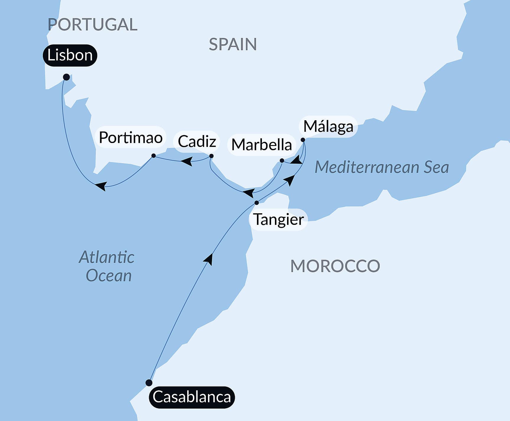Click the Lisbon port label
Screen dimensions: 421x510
tap(70, 55)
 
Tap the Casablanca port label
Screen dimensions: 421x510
tap(192, 397)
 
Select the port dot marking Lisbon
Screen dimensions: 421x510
tap(66, 77)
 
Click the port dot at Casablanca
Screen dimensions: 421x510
tap(149, 383)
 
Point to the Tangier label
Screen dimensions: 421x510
tap(278, 220)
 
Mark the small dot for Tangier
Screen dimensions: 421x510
tap(257, 203)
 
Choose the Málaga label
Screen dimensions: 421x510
tap(328, 126)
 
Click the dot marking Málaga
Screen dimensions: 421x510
tap(303, 140)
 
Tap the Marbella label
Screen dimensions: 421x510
tap(262, 145)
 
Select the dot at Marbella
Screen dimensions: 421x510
tap(282, 161)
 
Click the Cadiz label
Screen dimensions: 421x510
tap(197, 142)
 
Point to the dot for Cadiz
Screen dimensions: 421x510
tap(211, 156)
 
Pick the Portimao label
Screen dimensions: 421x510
tap(131, 137)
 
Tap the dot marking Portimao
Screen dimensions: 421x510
tap(154, 156)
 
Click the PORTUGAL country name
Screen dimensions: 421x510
tap(92, 24)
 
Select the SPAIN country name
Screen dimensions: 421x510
tap(233, 44)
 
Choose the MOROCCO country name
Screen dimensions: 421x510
tap(335, 266)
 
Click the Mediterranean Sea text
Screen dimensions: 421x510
tap(382, 167)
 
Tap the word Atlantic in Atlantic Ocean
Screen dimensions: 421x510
tap(107, 257)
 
